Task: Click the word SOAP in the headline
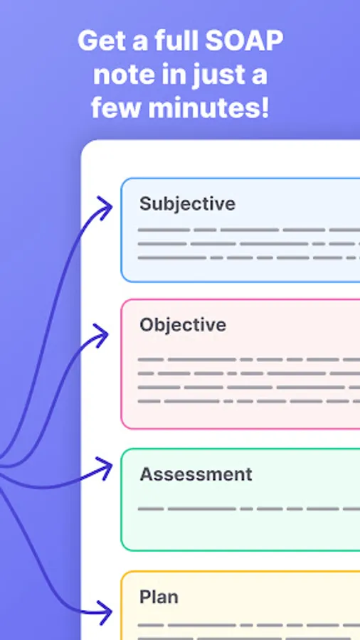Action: (243, 41)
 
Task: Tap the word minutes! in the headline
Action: (208, 108)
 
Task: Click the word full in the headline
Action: (178, 41)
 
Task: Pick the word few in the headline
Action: (117, 108)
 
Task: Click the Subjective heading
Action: (187, 204)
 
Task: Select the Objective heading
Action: (183, 325)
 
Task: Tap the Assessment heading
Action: (196, 474)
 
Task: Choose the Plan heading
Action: (159, 597)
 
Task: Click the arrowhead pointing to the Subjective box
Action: (105, 208)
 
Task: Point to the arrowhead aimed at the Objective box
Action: (101, 336)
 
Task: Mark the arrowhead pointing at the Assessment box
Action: (105, 468)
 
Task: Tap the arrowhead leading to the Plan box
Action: (104, 612)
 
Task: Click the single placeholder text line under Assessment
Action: (249, 509)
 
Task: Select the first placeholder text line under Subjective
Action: (249, 230)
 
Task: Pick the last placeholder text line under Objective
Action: (249, 401)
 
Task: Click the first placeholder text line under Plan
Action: (249, 625)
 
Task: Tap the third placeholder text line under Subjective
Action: (249, 258)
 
